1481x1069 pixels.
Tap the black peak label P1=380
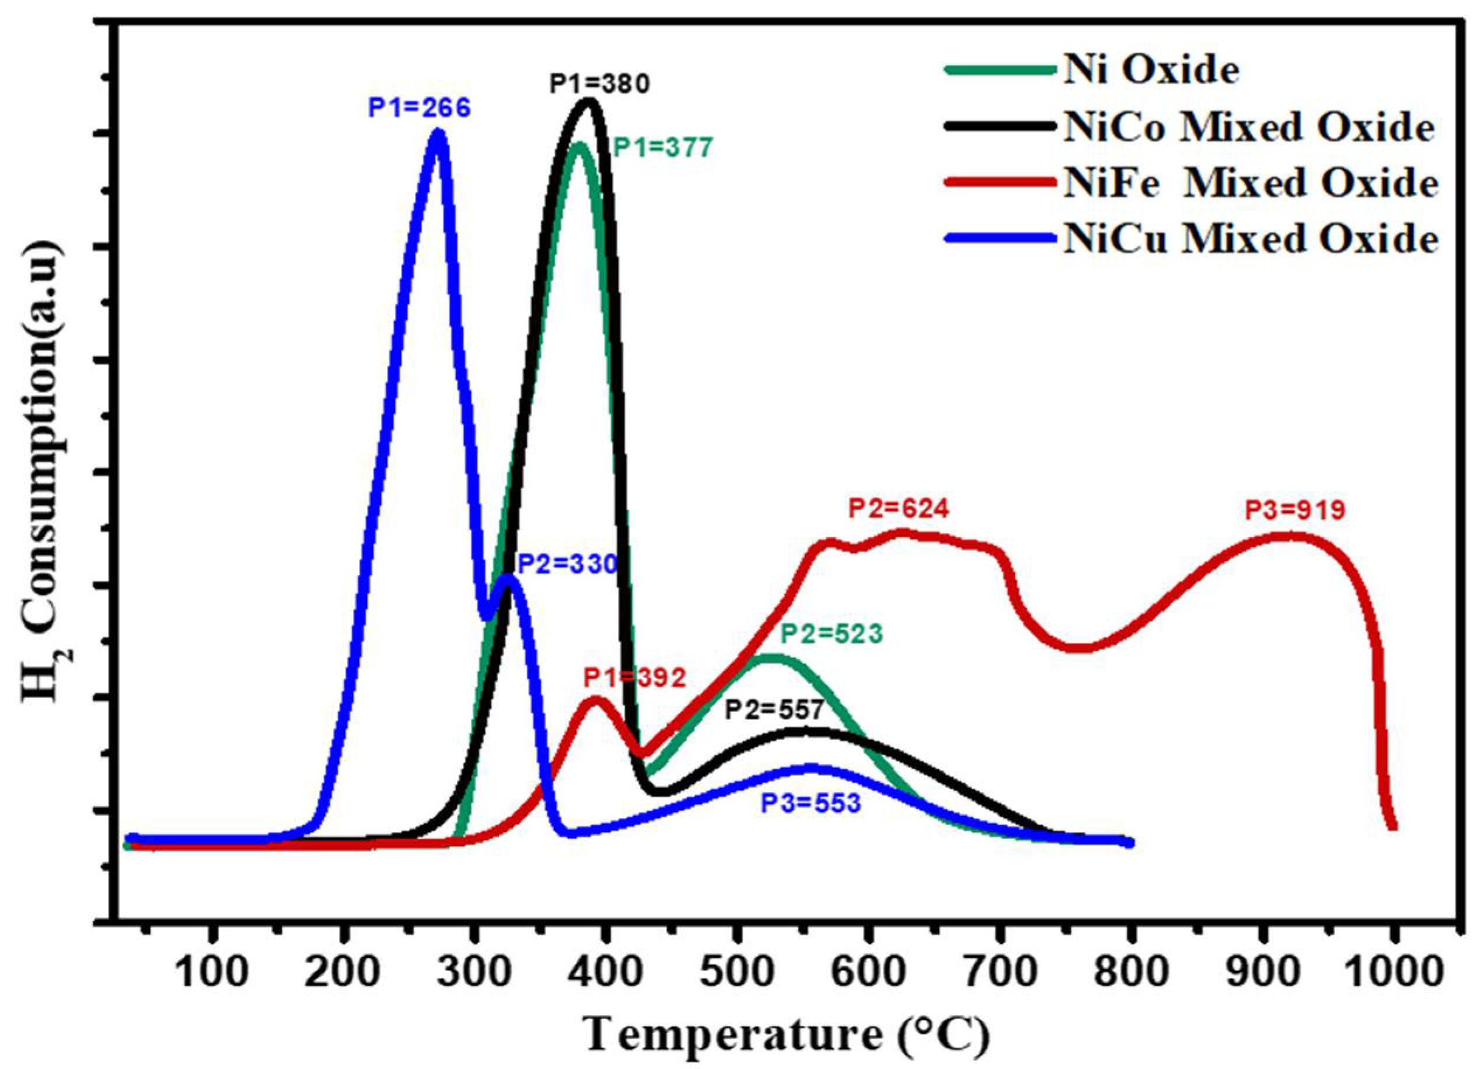[599, 84]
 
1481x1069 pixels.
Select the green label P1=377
[663, 149]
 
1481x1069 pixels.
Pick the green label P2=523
[833, 634]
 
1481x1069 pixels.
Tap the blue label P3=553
[811, 804]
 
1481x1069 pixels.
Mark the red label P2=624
[899, 508]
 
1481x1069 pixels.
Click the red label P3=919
[1295, 510]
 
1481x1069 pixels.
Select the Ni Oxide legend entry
[1151, 71]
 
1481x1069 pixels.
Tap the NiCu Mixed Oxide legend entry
[1250, 239]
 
